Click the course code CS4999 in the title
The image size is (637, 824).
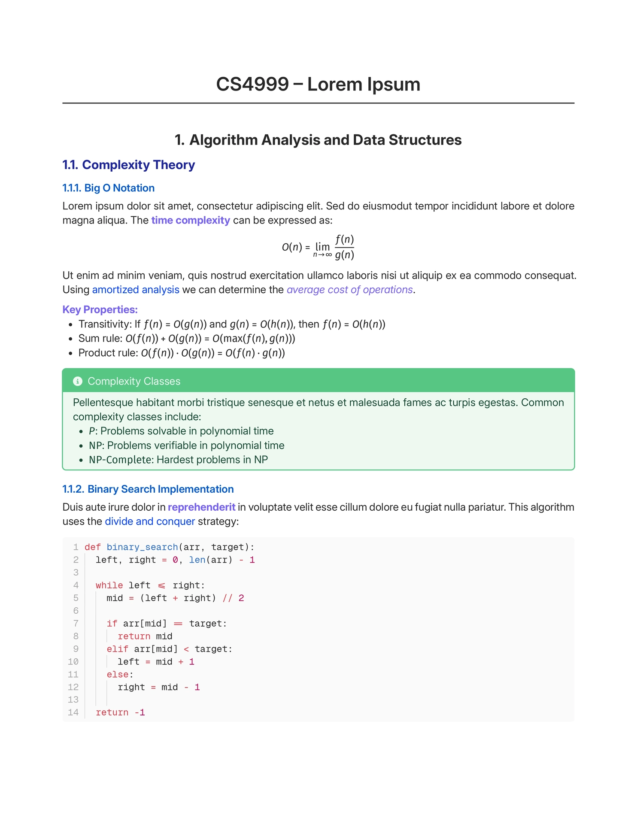(x=252, y=84)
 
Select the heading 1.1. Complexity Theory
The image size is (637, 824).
(x=128, y=165)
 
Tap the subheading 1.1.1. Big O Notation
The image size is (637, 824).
(x=108, y=188)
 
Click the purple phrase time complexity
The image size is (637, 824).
(x=191, y=220)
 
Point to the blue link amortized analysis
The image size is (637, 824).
(x=136, y=290)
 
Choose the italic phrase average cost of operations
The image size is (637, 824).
(x=349, y=290)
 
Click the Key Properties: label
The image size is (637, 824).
(x=100, y=309)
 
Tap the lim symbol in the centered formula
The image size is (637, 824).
(x=322, y=247)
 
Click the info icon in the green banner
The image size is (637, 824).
(x=78, y=381)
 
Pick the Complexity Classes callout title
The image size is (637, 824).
(x=133, y=381)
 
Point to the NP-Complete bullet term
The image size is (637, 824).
(x=121, y=460)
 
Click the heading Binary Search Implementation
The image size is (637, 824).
(x=160, y=489)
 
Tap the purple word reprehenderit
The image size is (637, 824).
(x=201, y=507)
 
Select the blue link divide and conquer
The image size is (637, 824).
(x=150, y=521)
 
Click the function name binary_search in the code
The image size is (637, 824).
(x=142, y=547)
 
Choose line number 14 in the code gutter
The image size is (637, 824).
(x=73, y=712)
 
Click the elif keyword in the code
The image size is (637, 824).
(x=117, y=649)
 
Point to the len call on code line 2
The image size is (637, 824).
(x=197, y=560)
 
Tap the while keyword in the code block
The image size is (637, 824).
(x=109, y=585)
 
